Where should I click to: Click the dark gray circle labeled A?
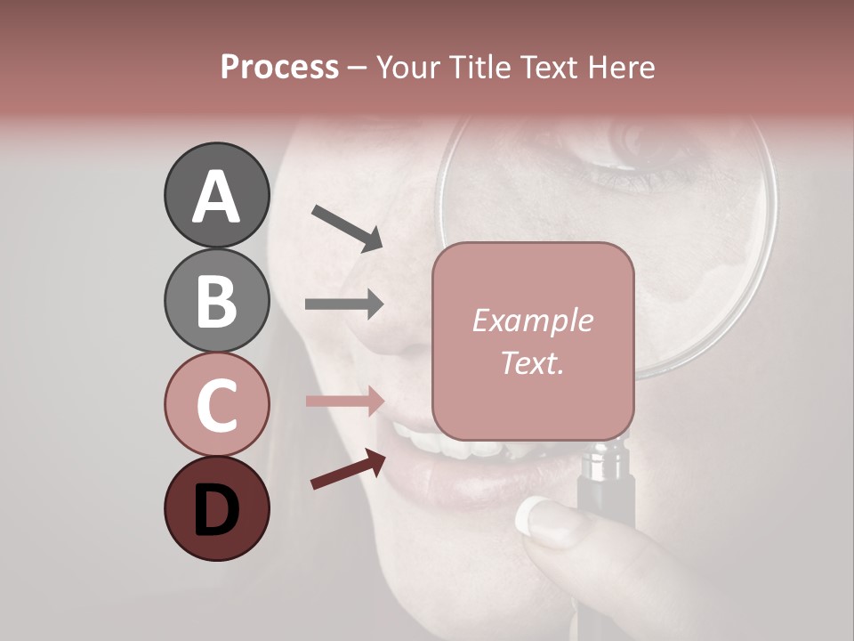point(216,196)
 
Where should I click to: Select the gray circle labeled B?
point(216,300)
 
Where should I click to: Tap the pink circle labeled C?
point(216,404)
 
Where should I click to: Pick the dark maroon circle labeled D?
point(216,508)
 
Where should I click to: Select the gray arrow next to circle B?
point(344,304)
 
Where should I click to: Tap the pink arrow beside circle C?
point(344,401)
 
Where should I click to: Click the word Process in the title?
point(279,67)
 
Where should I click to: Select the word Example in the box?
point(532,320)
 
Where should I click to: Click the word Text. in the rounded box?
point(532,362)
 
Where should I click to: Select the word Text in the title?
point(544,67)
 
